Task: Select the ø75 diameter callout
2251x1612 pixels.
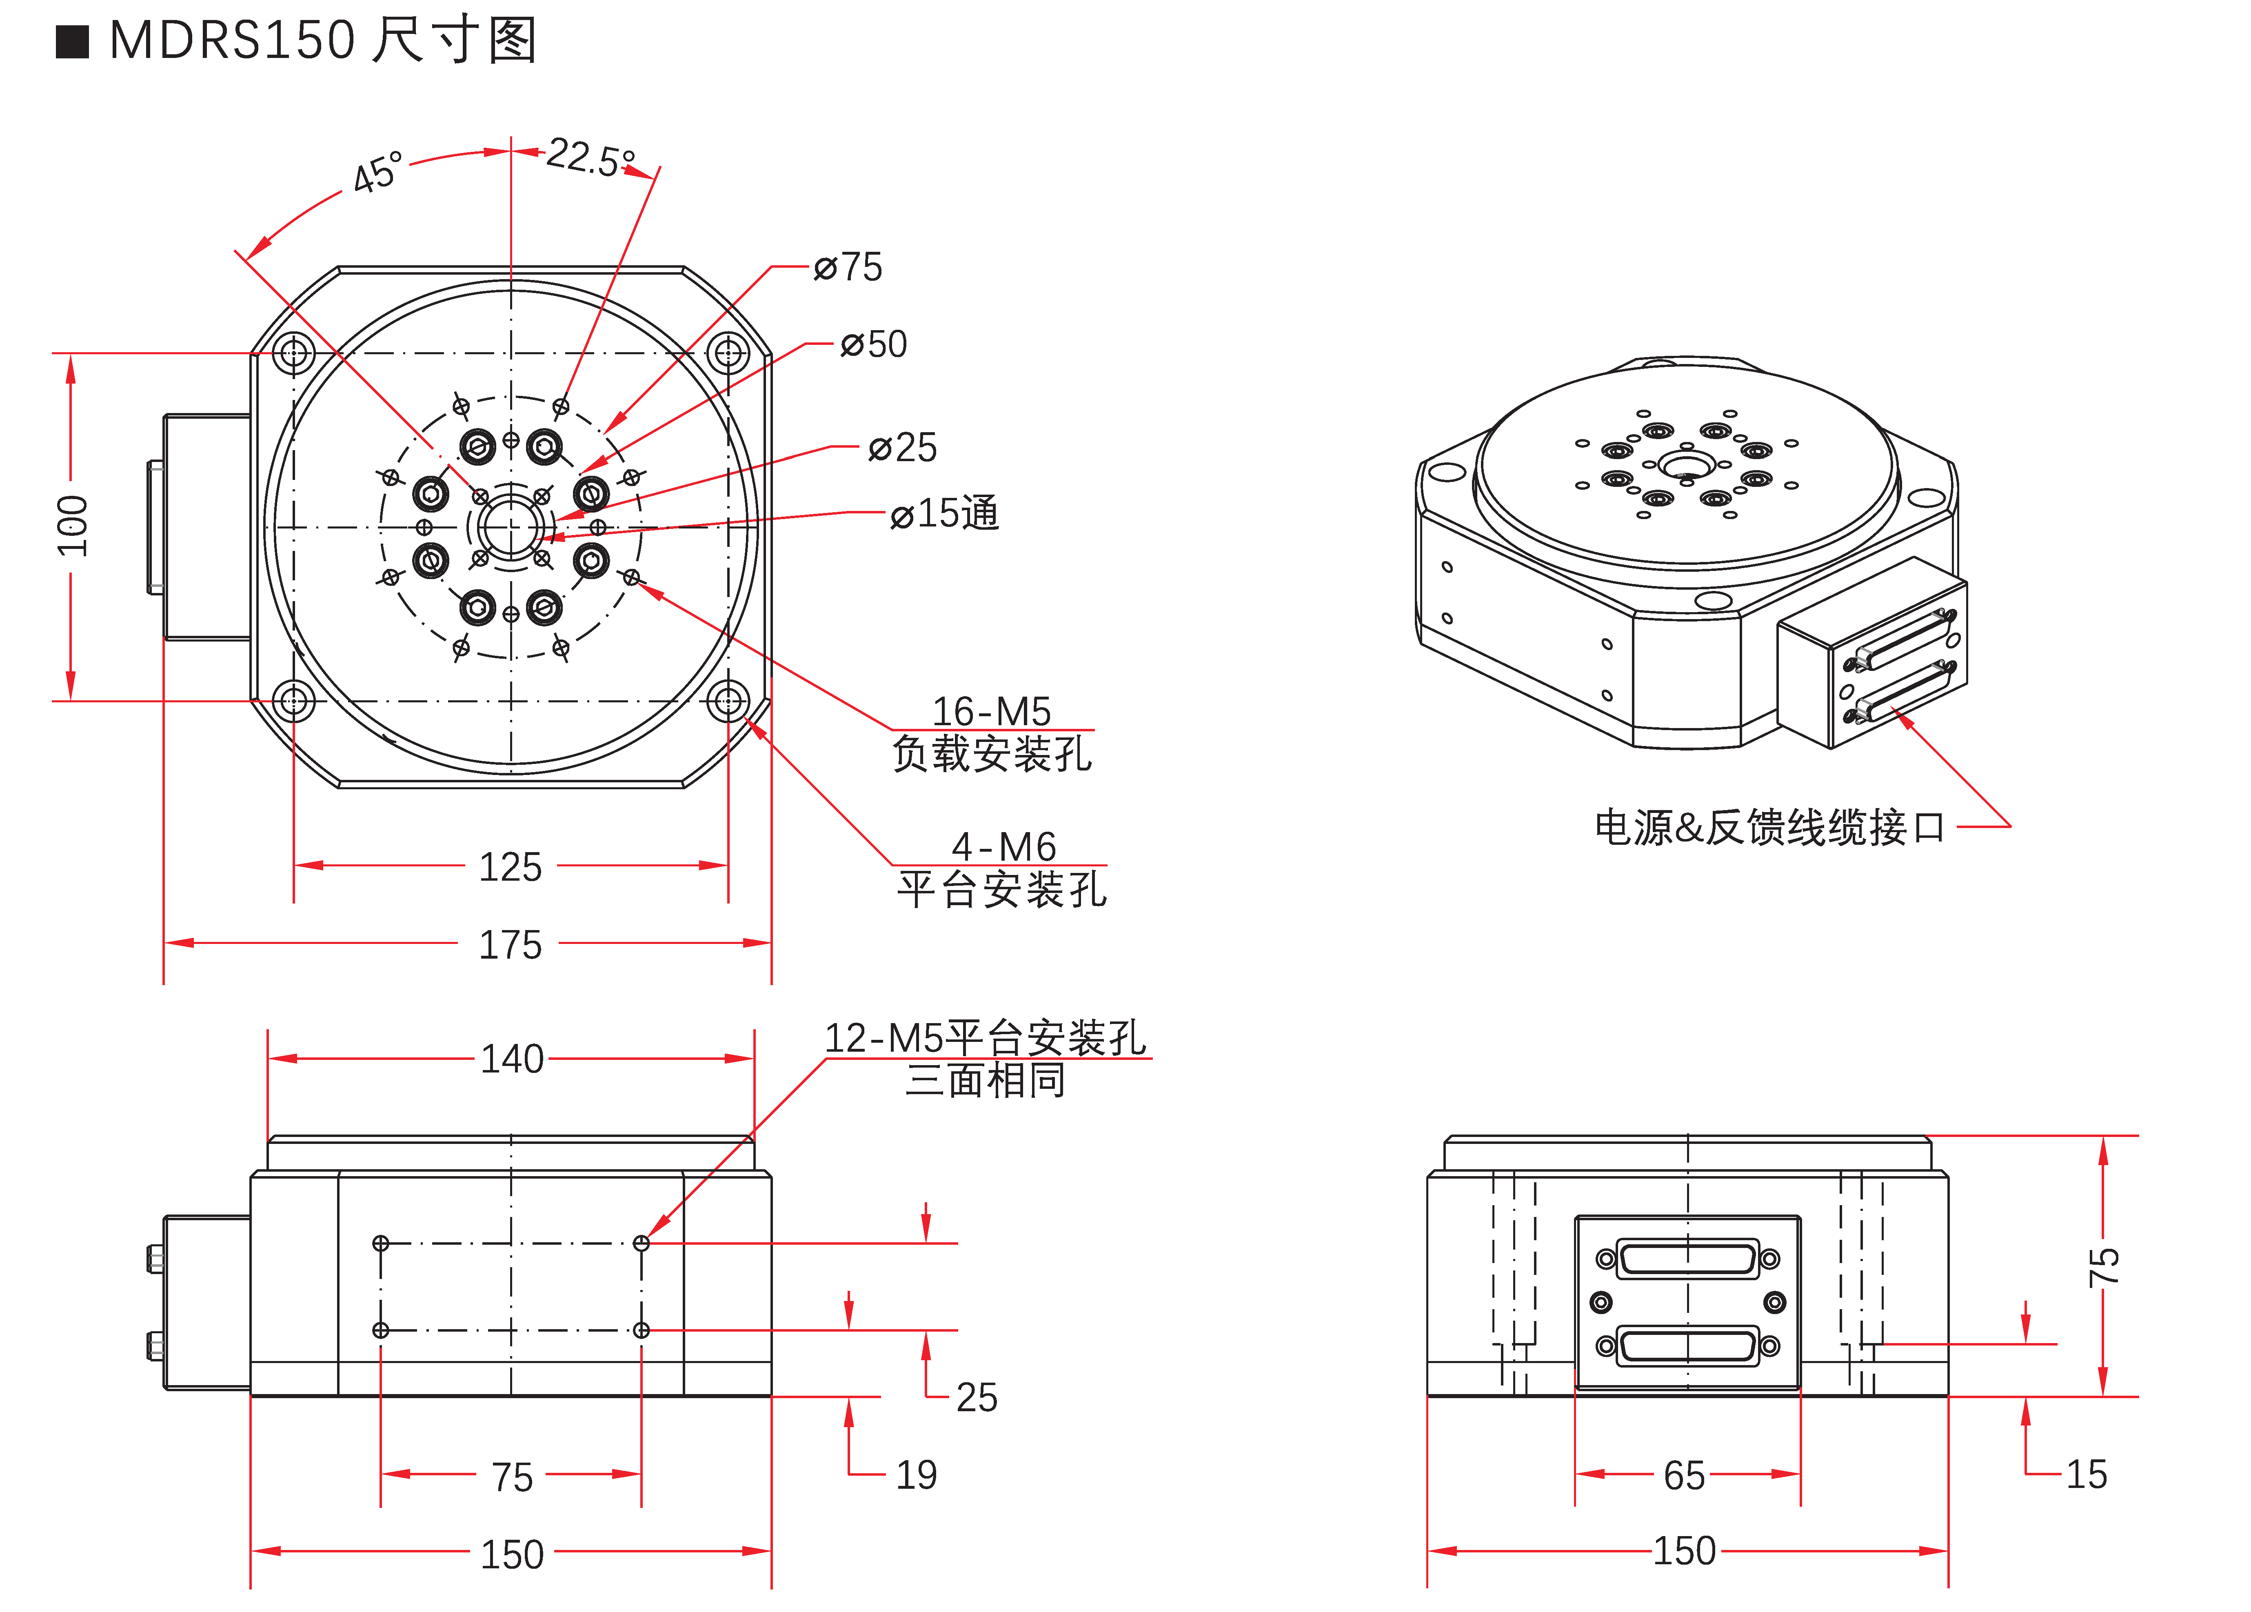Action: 848,267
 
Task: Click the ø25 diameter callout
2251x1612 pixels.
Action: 902,448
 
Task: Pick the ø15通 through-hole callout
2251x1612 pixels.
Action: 944,513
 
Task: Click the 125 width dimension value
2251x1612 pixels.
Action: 510,866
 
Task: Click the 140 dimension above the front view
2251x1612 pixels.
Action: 512,1059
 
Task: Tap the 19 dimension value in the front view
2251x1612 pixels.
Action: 916,1475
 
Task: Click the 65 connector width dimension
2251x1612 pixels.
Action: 1684,1476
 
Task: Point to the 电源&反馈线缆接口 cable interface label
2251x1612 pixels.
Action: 1769,827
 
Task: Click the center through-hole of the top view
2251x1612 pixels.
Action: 511,527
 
